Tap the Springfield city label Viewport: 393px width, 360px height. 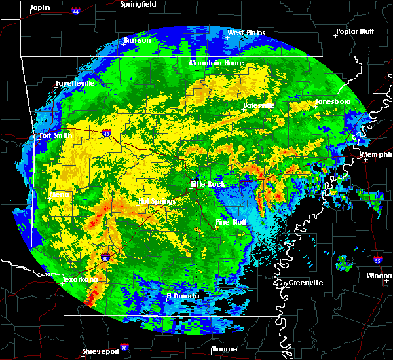(138, 4)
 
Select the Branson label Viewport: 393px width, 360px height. (138, 41)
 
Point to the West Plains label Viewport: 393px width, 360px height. (244, 33)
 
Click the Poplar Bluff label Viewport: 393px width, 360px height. (354, 31)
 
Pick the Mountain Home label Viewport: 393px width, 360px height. (217, 63)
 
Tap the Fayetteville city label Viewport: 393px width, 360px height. (75, 84)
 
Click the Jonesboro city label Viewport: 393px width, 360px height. (333, 102)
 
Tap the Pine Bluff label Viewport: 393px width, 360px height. (231, 223)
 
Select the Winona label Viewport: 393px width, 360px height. (379, 276)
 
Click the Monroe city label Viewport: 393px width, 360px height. (223, 349)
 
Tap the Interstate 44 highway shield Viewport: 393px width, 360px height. (74, 10)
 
